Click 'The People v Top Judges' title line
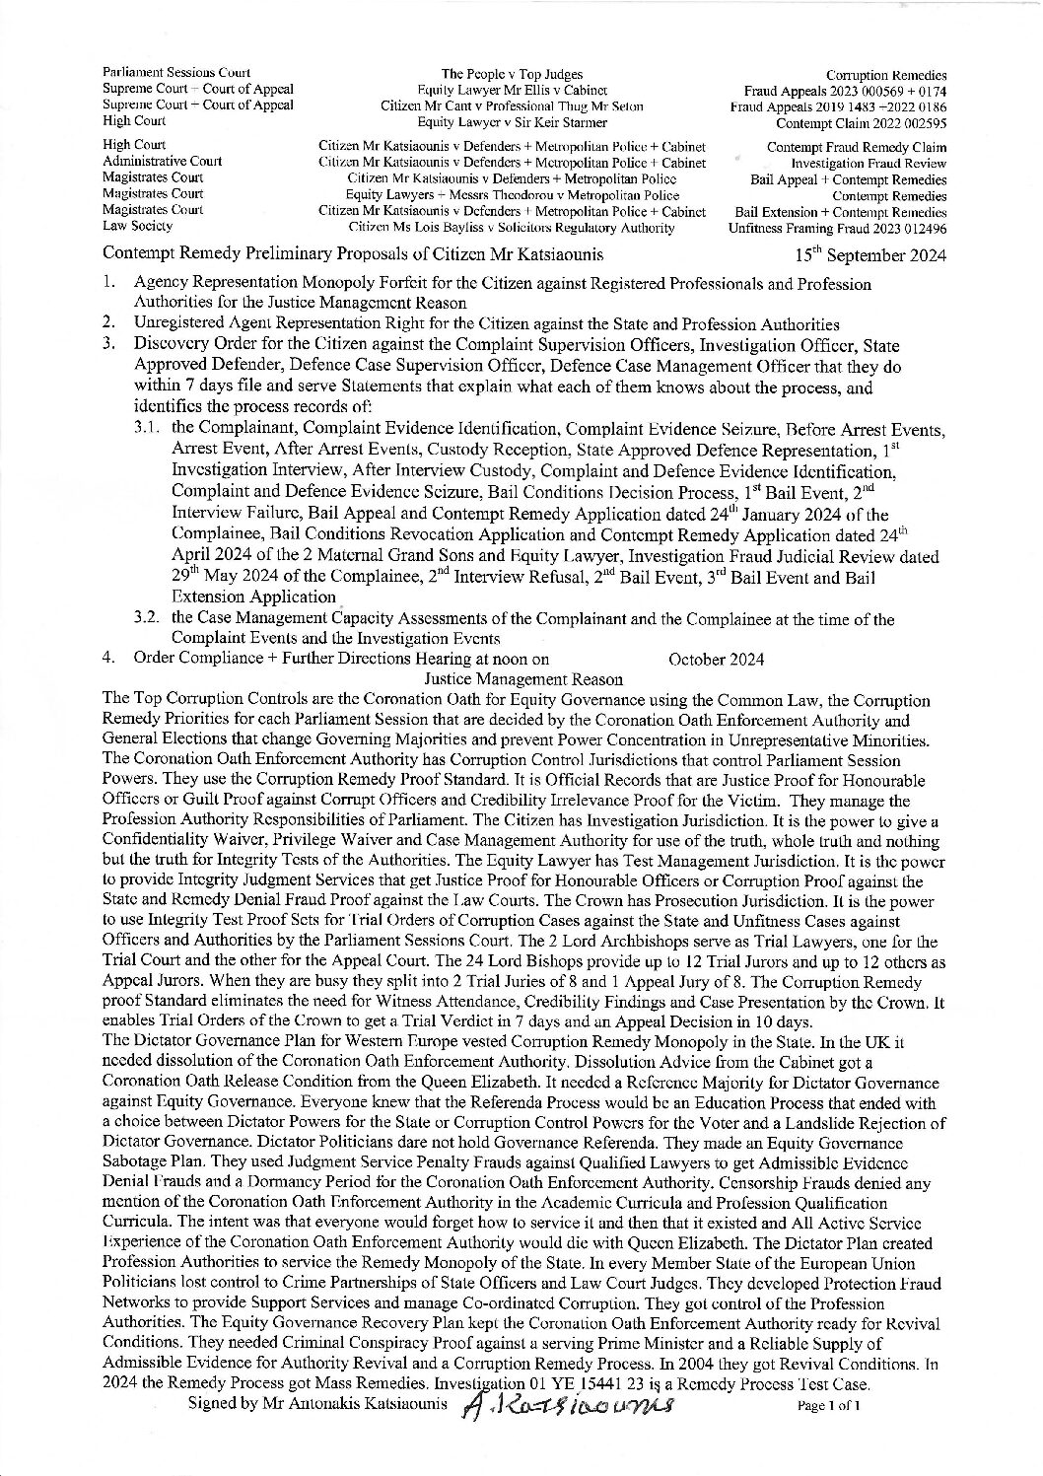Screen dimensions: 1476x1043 click(512, 74)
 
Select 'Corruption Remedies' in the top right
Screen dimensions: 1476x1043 click(886, 76)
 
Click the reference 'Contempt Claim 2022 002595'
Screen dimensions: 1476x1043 click(861, 123)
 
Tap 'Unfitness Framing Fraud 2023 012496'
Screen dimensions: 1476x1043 click(837, 228)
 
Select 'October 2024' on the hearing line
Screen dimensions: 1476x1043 click(716, 659)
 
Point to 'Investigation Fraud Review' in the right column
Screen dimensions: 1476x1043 click(869, 163)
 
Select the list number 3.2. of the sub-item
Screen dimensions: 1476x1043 click(150, 619)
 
